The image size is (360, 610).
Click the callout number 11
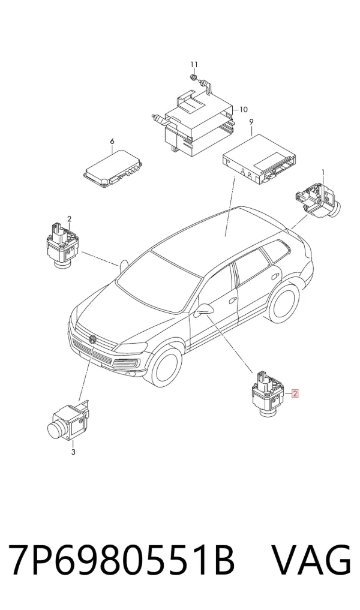(x=194, y=64)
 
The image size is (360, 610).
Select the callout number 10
(x=243, y=109)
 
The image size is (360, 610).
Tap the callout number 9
(x=251, y=122)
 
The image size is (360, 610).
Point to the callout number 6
(x=112, y=141)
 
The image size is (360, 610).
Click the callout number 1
(x=323, y=172)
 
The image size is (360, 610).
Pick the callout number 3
(x=73, y=452)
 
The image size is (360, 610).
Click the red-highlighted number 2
(x=295, y=393)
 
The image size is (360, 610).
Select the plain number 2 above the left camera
(x=69, y=219)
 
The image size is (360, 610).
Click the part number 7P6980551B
(x=121, y=560)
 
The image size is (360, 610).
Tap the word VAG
(x=311, y=560)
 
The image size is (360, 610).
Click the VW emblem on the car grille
(x=92, y=339)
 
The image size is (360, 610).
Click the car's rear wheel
(x=284, y=303)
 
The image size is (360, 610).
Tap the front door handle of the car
(x=233, y=301)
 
